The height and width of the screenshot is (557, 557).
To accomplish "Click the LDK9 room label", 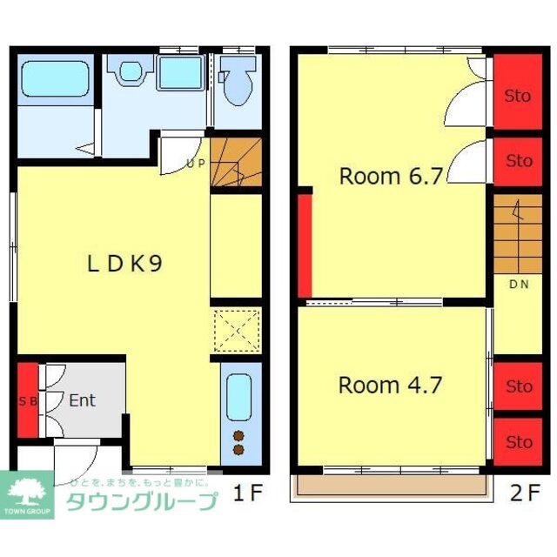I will pos(124,263).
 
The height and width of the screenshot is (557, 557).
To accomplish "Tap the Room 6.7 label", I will pos(391,177).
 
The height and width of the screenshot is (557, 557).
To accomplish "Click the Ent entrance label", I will pos(82,401).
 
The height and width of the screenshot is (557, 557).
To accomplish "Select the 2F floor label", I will pos(525,493).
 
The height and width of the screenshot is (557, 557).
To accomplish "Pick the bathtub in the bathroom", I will pos(55,79).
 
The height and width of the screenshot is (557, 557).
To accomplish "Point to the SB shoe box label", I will pos(28,401).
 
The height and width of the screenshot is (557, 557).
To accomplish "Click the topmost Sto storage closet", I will pos(518,95).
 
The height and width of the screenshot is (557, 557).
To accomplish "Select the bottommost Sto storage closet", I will pos(518,442).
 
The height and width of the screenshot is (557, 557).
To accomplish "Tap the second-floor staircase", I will pos(517,232).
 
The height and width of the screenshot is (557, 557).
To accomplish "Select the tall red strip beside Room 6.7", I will pos(305,245).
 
